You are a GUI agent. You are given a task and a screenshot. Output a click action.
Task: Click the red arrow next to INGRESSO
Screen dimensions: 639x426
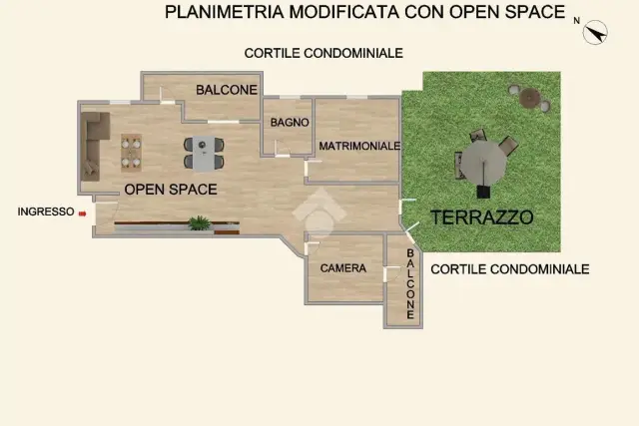coord(82,213)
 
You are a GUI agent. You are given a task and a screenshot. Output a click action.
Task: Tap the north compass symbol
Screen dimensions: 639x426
coord(595,32)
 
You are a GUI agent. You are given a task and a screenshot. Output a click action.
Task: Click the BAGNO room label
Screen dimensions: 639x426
coord(290,122)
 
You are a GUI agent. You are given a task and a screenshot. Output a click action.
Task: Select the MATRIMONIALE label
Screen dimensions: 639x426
coord(359,146)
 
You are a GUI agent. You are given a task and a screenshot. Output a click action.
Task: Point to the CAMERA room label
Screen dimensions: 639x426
coord(343,268)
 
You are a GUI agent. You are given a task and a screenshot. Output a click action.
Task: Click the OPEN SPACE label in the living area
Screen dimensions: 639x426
coord(171,190)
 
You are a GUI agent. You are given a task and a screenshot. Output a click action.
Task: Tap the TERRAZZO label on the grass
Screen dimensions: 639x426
coord(481,217)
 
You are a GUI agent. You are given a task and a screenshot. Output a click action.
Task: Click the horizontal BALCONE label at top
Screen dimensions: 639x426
coord(227,90)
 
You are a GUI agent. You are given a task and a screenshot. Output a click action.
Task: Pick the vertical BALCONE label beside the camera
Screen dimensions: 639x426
coord(410,284)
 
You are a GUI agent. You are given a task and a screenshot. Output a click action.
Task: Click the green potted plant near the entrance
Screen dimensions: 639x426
coord(200,223)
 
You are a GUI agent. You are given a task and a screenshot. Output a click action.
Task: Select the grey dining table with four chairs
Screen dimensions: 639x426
coord(204,153)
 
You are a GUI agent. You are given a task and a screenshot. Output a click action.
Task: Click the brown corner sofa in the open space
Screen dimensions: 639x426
coord(94,146)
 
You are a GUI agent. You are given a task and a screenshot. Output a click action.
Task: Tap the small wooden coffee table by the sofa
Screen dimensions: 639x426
coord(131,153)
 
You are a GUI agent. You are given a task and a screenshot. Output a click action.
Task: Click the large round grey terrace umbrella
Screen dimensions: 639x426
coord(483,163)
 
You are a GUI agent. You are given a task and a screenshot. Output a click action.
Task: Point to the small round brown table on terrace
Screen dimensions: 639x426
coord(530,98)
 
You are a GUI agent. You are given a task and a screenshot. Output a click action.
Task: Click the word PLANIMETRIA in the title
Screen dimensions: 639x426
coord(225,12)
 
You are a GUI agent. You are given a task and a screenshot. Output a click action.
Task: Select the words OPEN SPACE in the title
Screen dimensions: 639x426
coord(507,12)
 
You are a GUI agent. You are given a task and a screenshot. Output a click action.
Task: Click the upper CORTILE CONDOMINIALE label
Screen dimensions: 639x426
coord(323,53)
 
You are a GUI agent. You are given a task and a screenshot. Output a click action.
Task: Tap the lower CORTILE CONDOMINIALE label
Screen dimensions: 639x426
coord(510,269)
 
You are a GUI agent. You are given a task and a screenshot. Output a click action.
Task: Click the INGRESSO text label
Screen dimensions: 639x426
coord(46,212)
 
